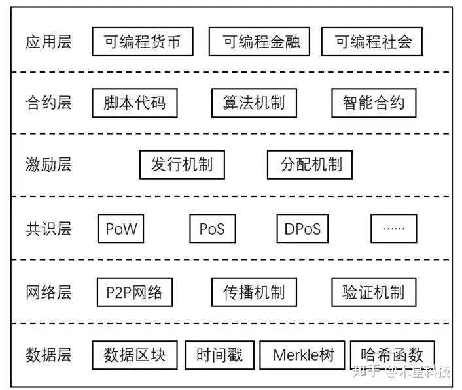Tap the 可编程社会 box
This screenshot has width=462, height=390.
372,42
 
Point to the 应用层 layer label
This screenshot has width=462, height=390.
48,42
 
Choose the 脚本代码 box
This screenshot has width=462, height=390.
135,103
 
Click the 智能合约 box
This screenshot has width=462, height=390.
374,103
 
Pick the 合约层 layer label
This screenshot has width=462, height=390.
48,103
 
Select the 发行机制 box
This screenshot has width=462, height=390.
182,165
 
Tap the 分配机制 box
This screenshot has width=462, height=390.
310,165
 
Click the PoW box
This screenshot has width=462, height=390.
121,229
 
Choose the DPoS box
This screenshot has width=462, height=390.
302,229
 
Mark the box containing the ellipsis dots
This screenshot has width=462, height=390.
393,229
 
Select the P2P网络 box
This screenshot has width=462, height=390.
135,292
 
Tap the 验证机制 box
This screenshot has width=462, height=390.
374,292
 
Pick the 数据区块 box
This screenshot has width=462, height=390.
135,355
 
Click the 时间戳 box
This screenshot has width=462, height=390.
219,355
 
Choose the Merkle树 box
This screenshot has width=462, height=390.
302,355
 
